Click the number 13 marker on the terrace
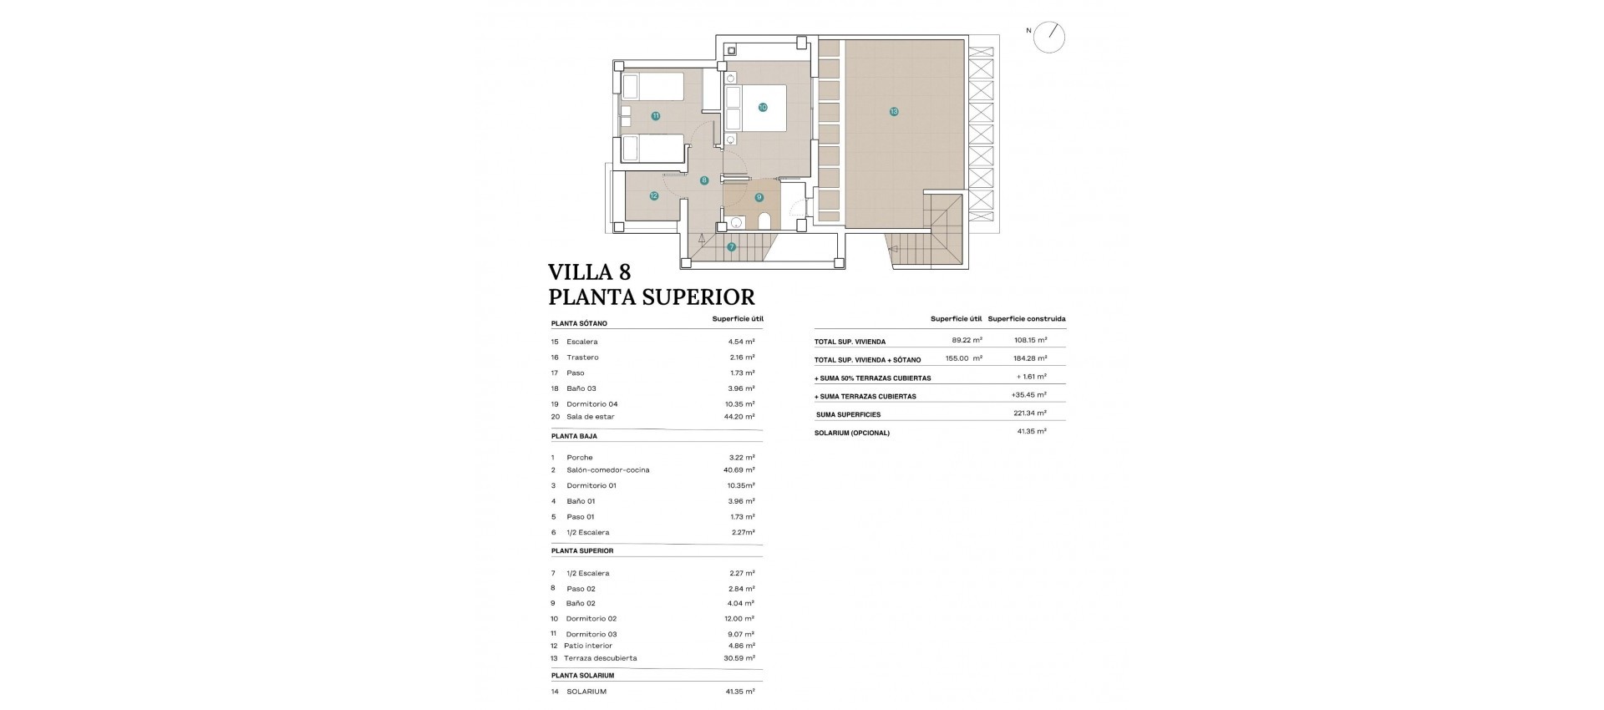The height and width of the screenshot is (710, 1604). pyautogui.click(x=894, y=111)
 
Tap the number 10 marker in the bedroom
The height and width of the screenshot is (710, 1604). pyautogui.click(x=763, y=107)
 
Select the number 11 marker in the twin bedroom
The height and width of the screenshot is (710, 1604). pyautogui.click(x=656, y=116)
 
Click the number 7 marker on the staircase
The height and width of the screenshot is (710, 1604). pyautogui.click(x=732, y=246)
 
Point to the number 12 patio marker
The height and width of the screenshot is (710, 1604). pyautogui.click(x=654, y=196)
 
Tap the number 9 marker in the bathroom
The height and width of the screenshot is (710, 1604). pyautogui.click(x=759, y=197)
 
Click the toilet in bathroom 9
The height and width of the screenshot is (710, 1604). pyautogui.click(x=764, y=221)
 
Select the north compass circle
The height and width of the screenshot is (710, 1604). pyautogui.click(x=1049, y=38)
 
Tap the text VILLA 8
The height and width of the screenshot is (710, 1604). pyautogui.click(x=589, y=272)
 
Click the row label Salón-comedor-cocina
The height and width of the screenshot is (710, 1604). pyautogui.click(x=607, y=470)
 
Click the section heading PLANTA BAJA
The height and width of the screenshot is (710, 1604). pyautogui.click(x=574, y=436)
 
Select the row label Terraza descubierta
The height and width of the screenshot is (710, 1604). pyautogui.click(x=600, y=658)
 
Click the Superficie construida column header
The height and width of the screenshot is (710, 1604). pyautogui.click(x=1026, y=319)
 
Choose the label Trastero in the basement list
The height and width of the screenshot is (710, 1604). pyautogui.click(x=582, y=358)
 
